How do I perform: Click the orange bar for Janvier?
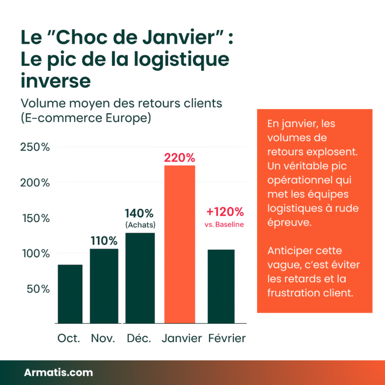[179, 244]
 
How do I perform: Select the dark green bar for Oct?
[70, 294]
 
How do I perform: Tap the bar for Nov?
[104, 286]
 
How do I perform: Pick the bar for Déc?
[140, 278]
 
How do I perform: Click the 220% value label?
[179, 158]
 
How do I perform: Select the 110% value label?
[104, 241]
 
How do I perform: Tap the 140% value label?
[139, 213]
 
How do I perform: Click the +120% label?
[225, 212]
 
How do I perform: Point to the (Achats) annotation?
[140, 225]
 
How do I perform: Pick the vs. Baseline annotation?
[224, 225]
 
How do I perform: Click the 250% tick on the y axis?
[35, 147]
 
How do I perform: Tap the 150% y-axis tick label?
[35, 219]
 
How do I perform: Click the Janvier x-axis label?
[181, 338]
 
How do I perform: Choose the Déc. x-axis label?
[139, 338]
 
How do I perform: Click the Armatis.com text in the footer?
[58, 372]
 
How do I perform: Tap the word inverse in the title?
[55, 81]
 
